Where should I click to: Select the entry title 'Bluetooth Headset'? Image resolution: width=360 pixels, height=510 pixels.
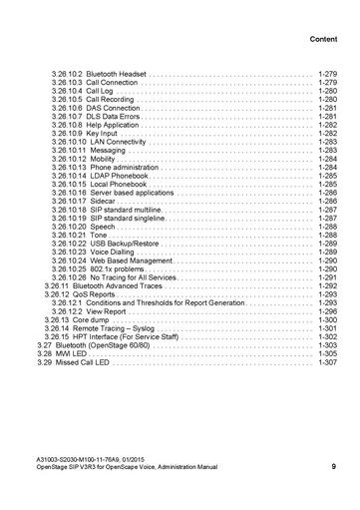click(117, 74)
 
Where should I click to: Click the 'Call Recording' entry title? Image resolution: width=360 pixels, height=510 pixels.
click(110, 100)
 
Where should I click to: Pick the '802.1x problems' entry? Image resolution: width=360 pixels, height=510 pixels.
click(118, 269)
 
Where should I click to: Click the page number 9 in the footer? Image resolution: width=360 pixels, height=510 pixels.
click(333, 466)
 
